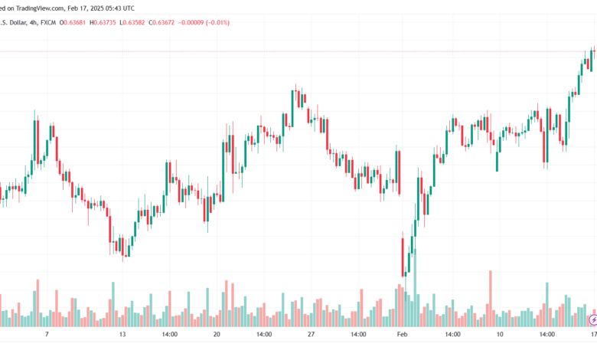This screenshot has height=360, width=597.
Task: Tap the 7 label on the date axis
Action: click(47, 335)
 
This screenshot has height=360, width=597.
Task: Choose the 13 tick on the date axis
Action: click(122, 335)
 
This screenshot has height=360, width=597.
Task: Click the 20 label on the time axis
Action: click(217, 335)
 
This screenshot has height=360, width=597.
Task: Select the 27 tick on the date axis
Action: click(311, 335)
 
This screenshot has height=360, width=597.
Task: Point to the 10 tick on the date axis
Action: click(499, 335)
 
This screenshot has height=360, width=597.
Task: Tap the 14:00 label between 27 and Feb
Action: click(357, 335)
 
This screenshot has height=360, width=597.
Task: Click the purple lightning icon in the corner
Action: click(592, 319)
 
